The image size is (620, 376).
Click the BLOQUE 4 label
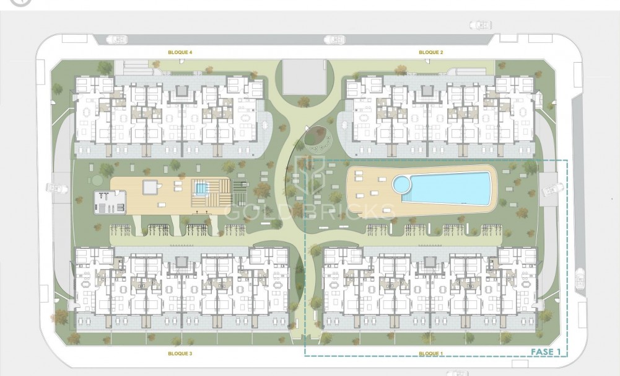pos(180,53)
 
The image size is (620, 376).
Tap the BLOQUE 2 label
pos(430,53)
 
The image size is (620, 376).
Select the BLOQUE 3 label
pos(180,353)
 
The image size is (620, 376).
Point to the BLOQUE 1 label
pos(430,353)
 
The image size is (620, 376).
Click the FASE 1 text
pos(546,352)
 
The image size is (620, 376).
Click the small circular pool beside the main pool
pos(401,184)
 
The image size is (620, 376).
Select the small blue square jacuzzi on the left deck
pos(200,187)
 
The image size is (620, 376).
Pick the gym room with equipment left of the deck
pos(102,200)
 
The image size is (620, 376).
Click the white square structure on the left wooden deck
pos(151,187)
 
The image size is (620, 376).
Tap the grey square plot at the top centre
pos(303,76)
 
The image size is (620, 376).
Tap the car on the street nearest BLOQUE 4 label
pos(116,40)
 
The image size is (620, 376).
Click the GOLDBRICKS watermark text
pos(310,211)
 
